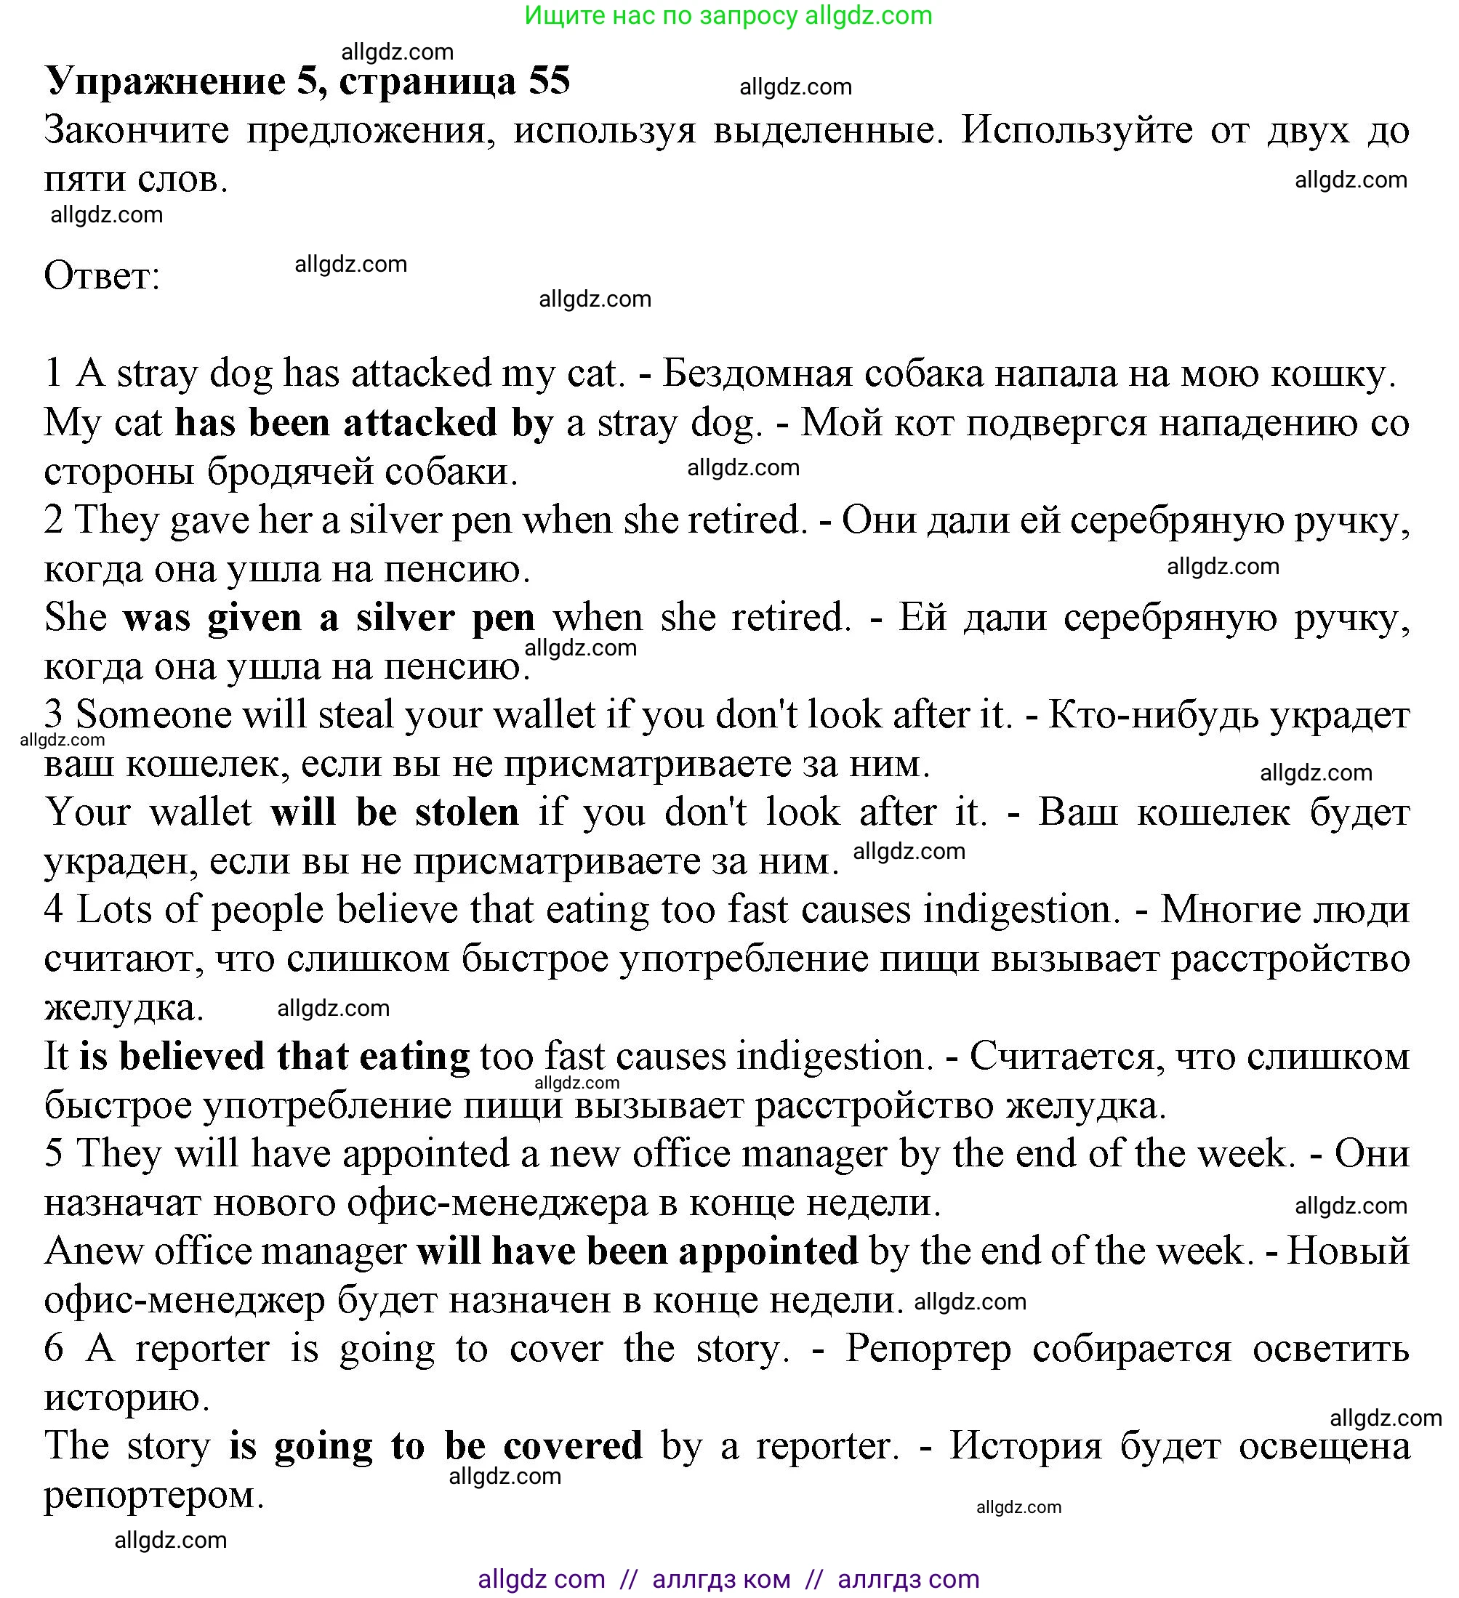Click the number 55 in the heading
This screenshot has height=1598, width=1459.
point(549,81)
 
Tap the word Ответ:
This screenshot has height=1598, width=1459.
point(103,277)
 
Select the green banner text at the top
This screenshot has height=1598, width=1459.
point(728,16)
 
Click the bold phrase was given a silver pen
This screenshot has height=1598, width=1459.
point(329,618)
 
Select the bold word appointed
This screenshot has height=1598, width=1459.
point(768,1251)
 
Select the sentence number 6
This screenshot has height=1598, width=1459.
point(54,1349)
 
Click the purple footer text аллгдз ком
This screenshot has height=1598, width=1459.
point(721,1579)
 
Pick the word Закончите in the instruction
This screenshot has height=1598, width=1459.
point(137,131)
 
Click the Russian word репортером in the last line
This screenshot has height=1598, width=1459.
point(152,1496)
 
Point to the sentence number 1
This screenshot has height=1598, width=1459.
point(53,374)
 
